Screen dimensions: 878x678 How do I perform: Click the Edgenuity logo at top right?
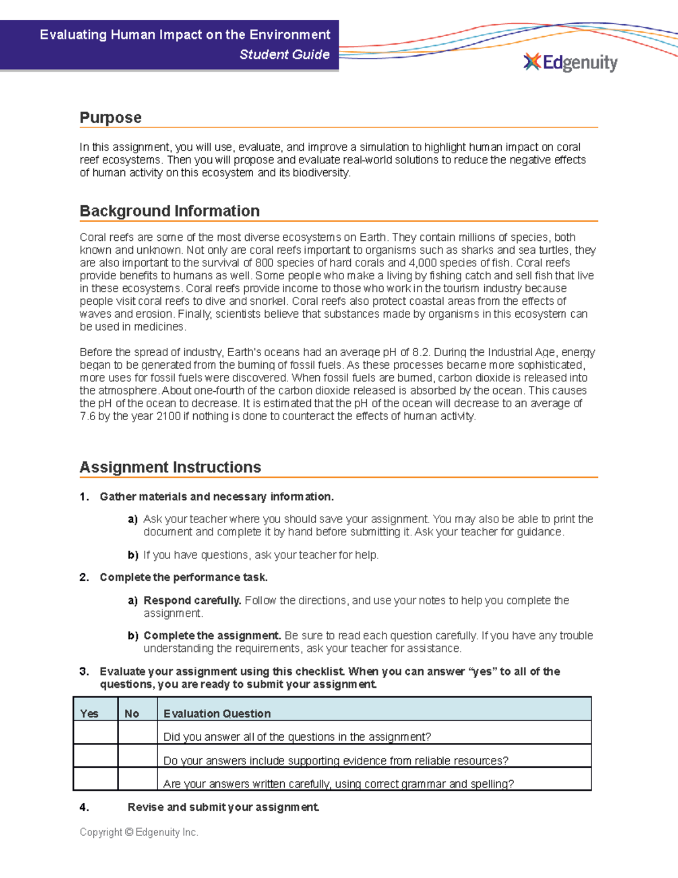pyautogui.click(x=571, y=62)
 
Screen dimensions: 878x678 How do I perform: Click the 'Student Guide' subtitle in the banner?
pyautogui.click(x=284, y=55)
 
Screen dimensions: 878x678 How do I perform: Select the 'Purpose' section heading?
pyautogui.click(x=111, y=118)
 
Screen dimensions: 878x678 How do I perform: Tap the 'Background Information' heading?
pyautogui.click(x=169, y=211)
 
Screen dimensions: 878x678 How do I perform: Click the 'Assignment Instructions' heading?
pyautogui.click(x=170, y=467)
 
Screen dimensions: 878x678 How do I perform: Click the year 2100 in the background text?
pyautogui.click(x=168, y=416)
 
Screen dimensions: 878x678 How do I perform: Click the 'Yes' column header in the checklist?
pyautogui.click(x=89, y=713)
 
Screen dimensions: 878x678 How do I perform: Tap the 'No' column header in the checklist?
pyautogui.click(x=132, y=713)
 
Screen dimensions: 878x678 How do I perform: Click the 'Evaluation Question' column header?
pyautogui.click(x=217, y=713)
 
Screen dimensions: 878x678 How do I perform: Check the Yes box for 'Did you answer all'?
pyautogui.click(x=95, y=733)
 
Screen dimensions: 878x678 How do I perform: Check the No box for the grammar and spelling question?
pyautogui.click(x=138, y=779)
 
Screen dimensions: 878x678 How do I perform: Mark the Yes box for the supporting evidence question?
pyautogui.click(x=95, y=756)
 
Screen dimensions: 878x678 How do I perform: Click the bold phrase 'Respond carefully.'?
pyautogui.click(x=192, y=600)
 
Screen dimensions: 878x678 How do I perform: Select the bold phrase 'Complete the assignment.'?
pyautogui.click(x=212, y=635)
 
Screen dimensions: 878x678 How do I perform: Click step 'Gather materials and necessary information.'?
pyautogui.click(x=216, y=497)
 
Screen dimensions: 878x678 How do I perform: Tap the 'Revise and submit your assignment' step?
pyautogui.click(x=223, y=807)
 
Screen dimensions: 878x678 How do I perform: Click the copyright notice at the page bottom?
pyautogui.click(x=139, y=832)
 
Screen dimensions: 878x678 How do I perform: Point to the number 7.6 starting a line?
pyautogui.click(x=88, y=416)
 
